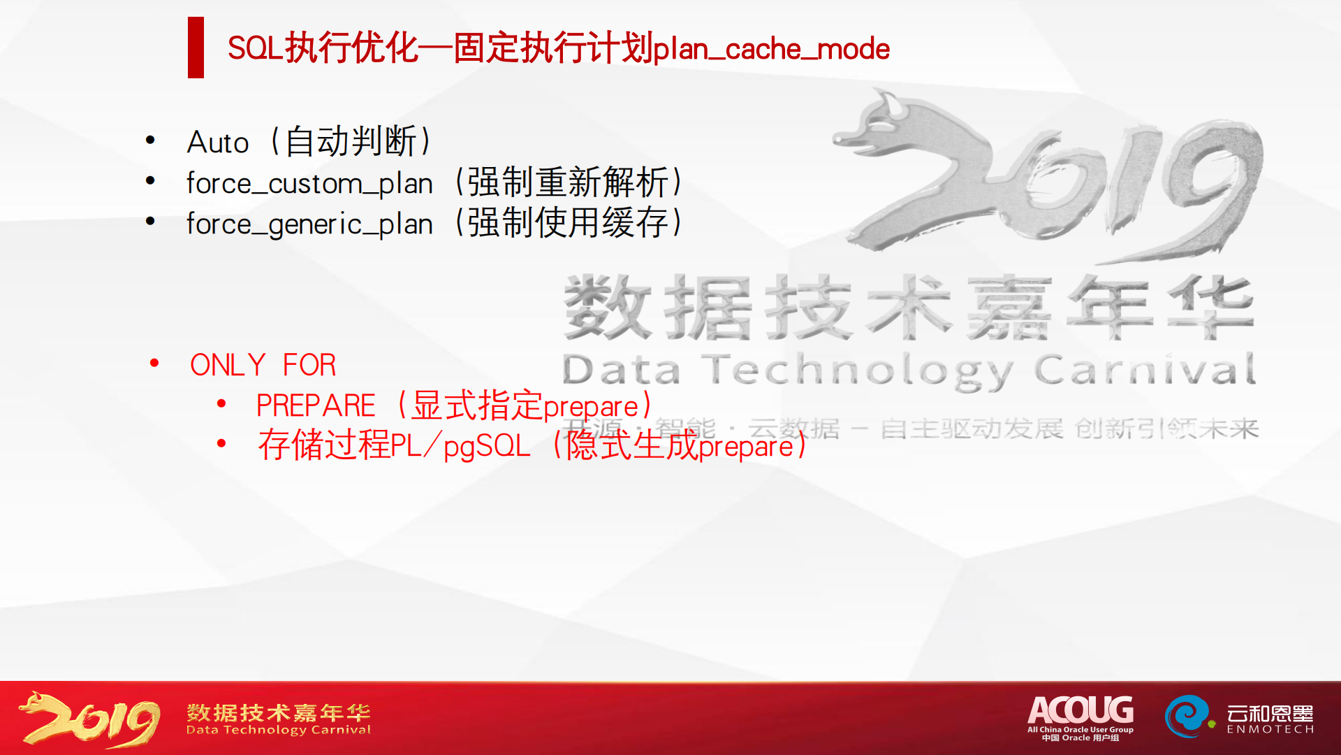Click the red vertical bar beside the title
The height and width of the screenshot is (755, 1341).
tap(196, 48)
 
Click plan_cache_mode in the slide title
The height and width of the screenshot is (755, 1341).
tap(771, 50)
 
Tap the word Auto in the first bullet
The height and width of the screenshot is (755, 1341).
tap(218, 143)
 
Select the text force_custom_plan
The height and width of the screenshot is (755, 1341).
tap(309, 184)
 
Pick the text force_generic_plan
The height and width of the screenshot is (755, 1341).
tap(309, 224)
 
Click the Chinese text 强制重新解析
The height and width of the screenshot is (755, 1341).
tap(567, 183)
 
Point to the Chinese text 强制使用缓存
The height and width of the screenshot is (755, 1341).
tap(567, 224)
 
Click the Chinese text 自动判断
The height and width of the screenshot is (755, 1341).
tap(351, 142)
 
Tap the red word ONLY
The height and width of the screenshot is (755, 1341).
tap(228, 365)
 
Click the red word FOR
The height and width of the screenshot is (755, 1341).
tap(309, 365)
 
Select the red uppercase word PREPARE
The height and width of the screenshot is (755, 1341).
tap(316, 406)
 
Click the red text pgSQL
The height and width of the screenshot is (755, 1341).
tap(487, 446)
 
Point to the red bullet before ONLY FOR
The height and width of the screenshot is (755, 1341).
tap(154, 363)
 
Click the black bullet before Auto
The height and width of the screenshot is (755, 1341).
tap(150, 141)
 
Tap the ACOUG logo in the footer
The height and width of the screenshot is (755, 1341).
tap(1080, 716)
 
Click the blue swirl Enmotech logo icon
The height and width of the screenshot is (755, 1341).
tap(1186, 716)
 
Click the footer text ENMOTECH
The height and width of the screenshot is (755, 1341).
tap(1270, 730)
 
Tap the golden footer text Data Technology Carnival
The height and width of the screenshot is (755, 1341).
tap(278, 730)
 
